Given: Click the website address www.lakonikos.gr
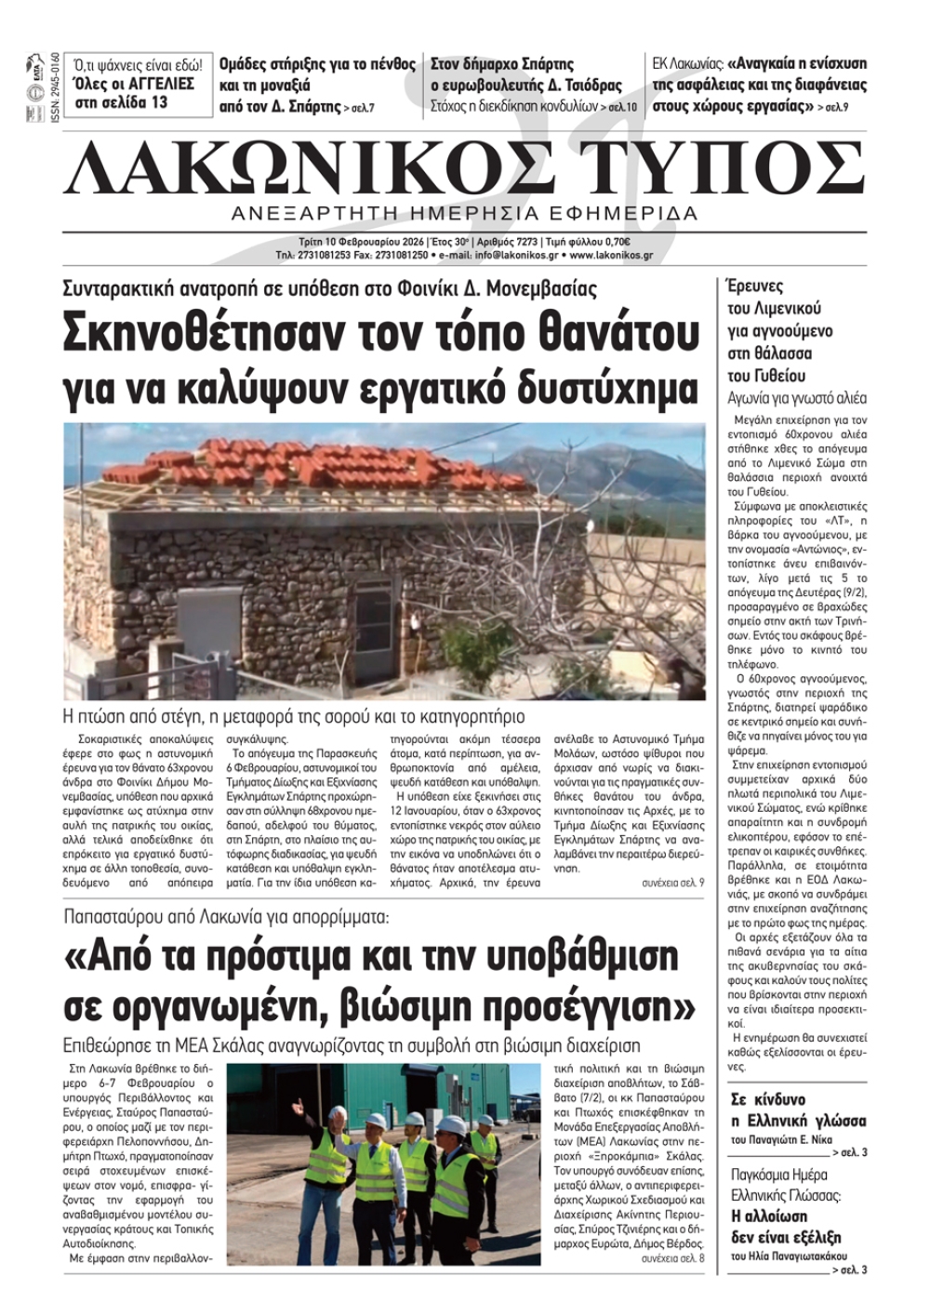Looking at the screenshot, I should point(611,255).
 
